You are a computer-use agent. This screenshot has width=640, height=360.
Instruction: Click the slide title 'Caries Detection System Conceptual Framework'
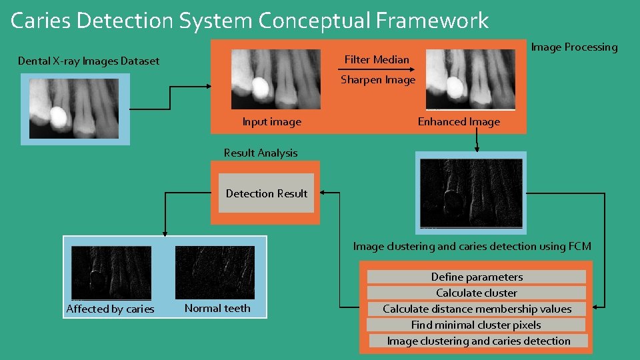coord(250,21)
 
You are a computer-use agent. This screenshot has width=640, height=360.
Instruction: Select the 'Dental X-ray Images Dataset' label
coord(89,61)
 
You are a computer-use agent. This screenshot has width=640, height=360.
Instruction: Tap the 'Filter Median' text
coord(377,60)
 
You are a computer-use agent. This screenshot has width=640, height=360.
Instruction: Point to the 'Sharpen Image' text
coord(378,80)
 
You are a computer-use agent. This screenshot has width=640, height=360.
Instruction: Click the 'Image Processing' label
coord(574,47)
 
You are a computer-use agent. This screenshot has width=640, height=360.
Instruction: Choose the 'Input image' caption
coord(271,122)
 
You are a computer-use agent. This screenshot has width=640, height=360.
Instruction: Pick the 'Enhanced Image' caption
coord(459,122)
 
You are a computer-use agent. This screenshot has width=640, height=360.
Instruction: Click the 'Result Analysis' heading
coord(261,153)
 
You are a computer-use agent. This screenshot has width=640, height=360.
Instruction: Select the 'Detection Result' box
coord(267,194)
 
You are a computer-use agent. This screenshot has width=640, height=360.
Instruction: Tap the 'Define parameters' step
coord(477,277)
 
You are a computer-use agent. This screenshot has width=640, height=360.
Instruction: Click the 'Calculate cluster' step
coord(477,293)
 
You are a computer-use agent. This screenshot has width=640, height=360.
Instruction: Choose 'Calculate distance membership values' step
coord(477,309)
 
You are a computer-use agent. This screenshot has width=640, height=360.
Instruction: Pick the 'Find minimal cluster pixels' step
coord(476,325)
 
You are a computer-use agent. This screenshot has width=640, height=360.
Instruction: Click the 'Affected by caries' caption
coord(110,309)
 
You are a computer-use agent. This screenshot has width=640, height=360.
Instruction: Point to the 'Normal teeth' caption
coord(217,309)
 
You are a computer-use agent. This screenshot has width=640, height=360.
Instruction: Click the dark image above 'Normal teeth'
coord(215,272)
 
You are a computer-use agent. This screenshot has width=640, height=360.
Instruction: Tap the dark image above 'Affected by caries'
coord(111,272)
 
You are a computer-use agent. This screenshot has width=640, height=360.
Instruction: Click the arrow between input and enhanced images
coord(377,70)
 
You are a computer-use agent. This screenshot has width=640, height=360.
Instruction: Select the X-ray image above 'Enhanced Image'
coord(471,80)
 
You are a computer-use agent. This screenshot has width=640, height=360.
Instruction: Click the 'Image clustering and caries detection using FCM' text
coord(472,247)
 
